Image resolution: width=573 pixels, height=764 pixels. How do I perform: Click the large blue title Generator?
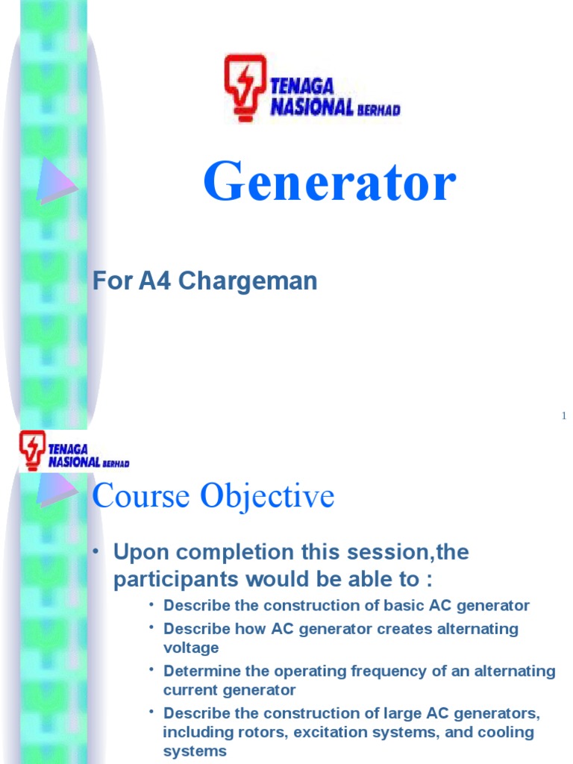click(x=329, y=183)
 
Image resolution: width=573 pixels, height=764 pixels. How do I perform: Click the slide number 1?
click(x=565, y=416)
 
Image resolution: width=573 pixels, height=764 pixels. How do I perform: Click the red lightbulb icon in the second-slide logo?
click(x=33, y=449)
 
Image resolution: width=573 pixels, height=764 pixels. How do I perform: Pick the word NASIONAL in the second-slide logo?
click(x=74, y=462)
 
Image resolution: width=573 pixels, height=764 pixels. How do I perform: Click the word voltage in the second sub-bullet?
click(x=191, y=648)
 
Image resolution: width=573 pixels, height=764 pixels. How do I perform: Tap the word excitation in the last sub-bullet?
click(x=333, y=732)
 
